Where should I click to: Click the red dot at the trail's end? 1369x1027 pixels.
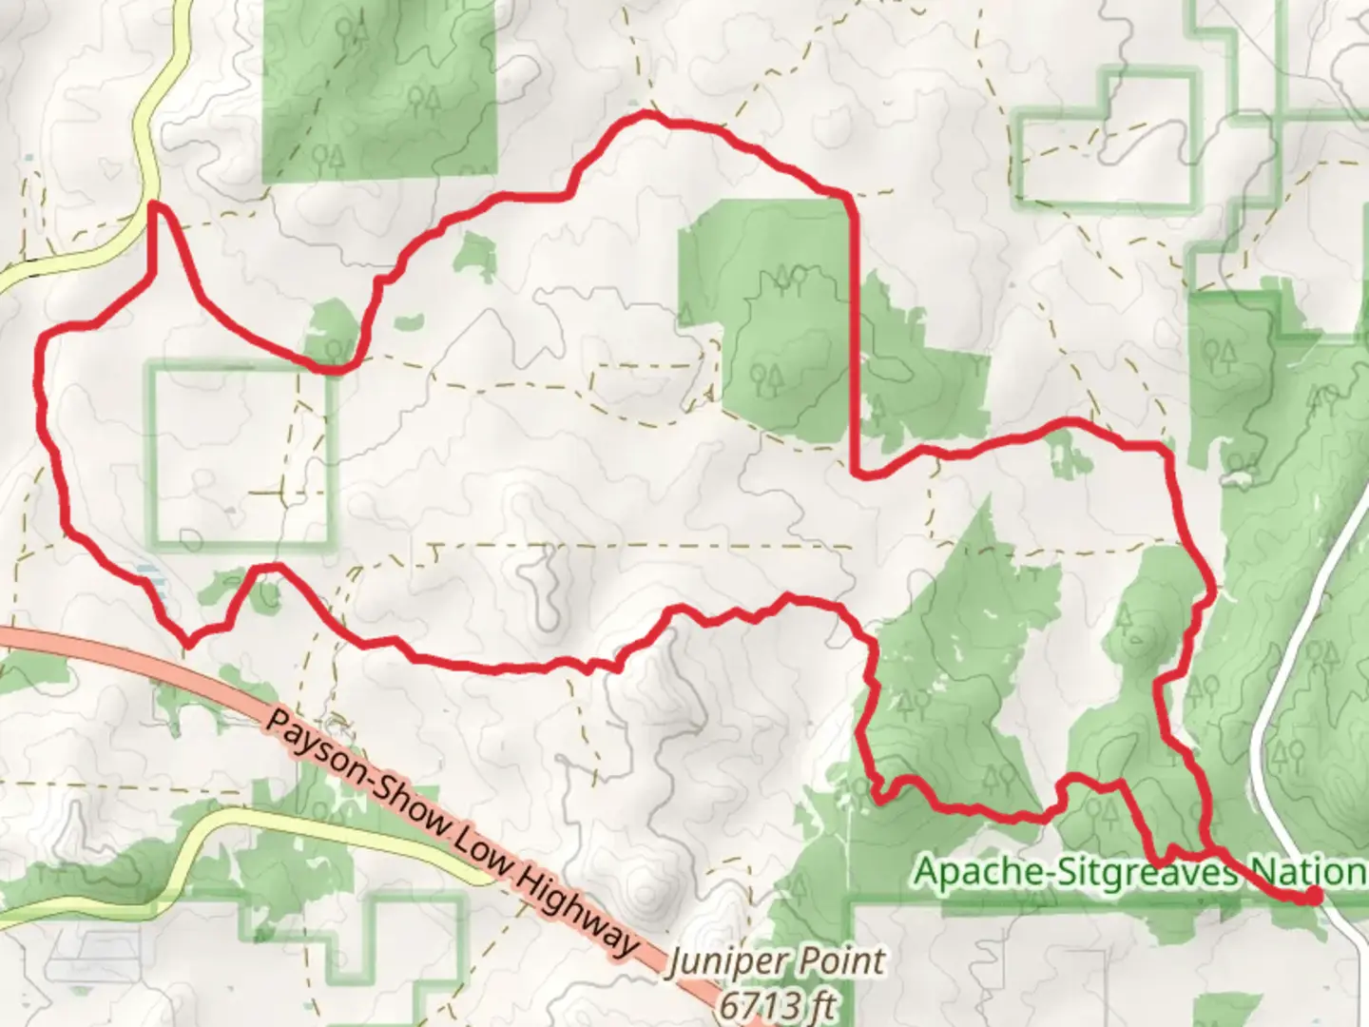coord(1313,895)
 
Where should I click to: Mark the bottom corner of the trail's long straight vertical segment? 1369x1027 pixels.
coord(858,473)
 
